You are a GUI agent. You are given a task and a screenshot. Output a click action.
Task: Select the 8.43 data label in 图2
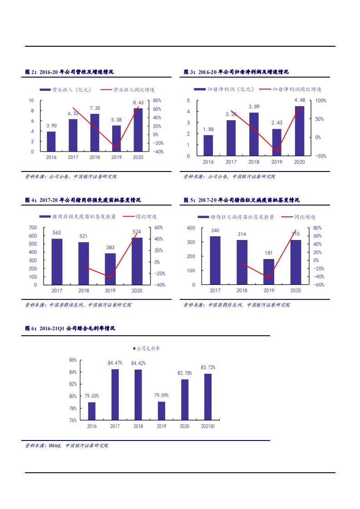click(138, 103)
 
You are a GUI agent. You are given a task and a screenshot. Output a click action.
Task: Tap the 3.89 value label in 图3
click(254, 107)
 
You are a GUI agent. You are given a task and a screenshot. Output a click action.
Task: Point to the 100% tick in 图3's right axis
click(321, 100)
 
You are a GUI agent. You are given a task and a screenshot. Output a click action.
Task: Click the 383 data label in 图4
click(110, 247)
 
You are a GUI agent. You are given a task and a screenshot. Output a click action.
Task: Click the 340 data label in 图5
click(215, 230)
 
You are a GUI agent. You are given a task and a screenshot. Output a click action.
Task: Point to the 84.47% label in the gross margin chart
click(115, 363)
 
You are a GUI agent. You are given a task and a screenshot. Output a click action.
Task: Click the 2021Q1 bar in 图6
click(208, 396)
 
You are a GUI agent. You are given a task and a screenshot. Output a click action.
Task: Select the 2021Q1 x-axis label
click(208, 426)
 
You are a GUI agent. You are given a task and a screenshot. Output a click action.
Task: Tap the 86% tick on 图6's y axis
click(73, 360)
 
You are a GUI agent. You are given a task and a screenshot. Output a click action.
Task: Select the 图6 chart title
click(70, 328)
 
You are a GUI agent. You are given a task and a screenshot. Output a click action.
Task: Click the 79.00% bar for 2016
click(92, 411)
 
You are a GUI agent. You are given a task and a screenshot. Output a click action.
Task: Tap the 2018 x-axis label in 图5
click(242, 290)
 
